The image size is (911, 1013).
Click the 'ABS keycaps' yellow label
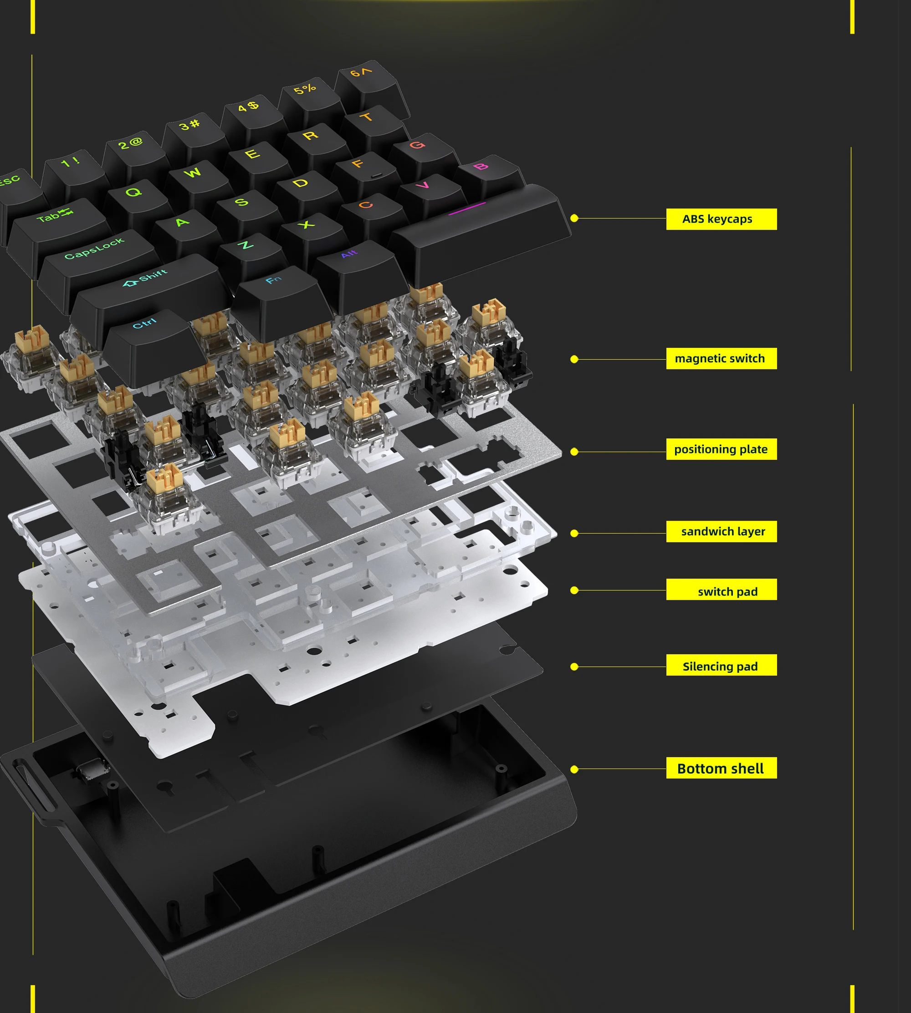tap(721, 219)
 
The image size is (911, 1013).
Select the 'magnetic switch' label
tap(721, 358)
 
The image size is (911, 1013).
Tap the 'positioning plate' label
tap(721, 449)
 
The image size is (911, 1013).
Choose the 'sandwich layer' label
tap(721, 531)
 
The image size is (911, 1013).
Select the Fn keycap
tap(275, 285)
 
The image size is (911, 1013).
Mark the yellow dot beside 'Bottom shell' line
tap(574, 769)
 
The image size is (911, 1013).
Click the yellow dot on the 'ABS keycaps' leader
tap(574, 218)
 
